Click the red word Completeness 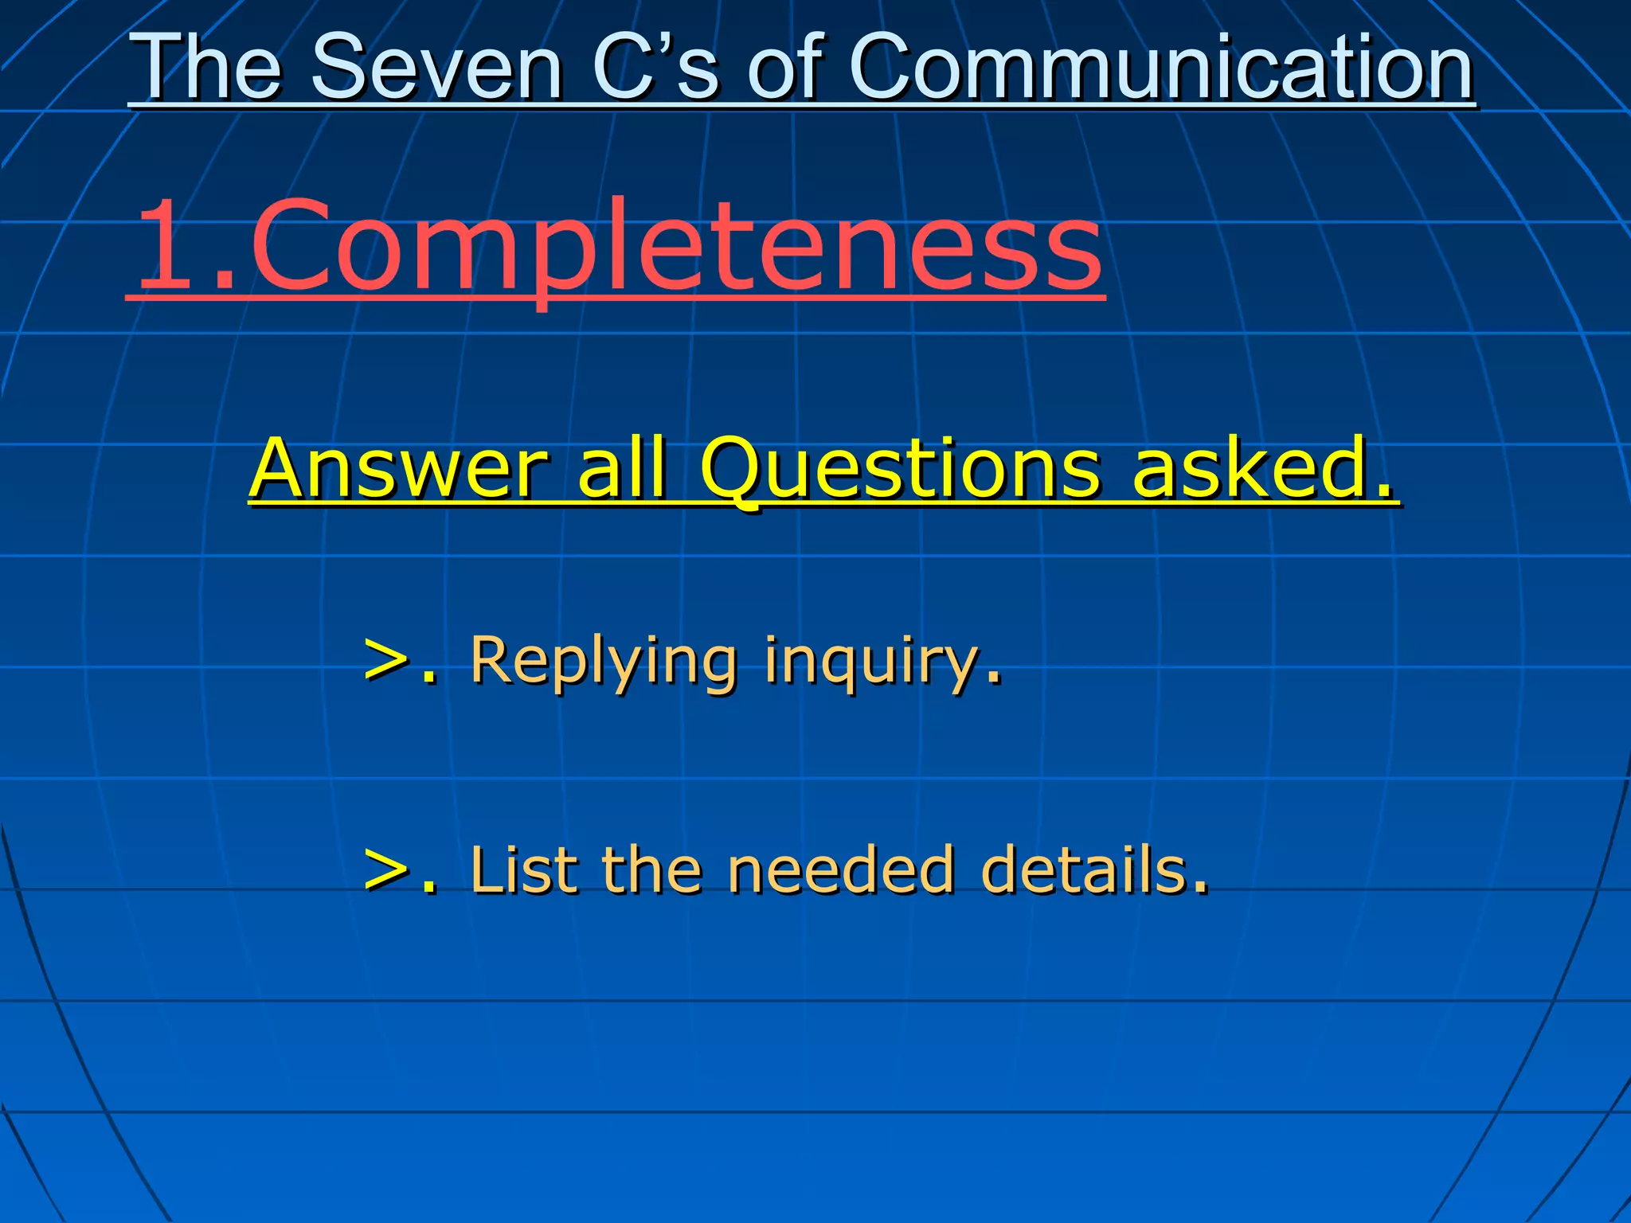pyautogui.click(x=677, y=247)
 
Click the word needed pyautogui.click(x=841, y=869)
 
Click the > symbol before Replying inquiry pyautogui.click(x=386, y=661)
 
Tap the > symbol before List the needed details pyautogui.click(x=386, y=869)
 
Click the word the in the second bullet pyautogui.click(x=651, y=869)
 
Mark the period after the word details pyautogui.click(x=1200, y=887)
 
